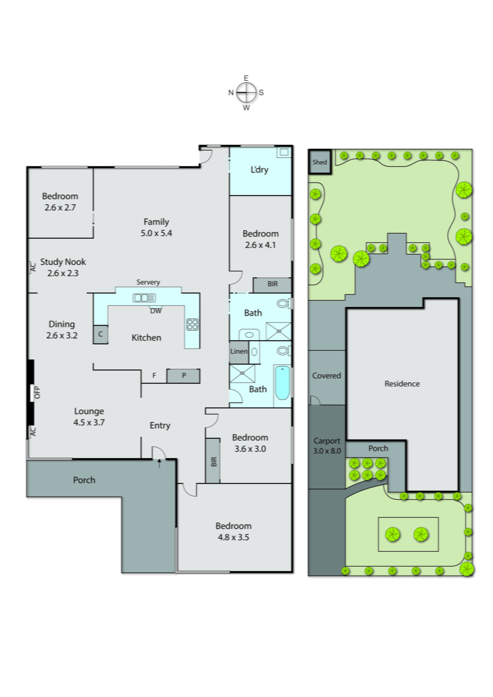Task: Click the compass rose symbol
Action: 246,92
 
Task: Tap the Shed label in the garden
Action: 319,162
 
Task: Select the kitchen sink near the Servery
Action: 144,298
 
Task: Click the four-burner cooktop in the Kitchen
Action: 192,325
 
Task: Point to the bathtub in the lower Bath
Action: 282,383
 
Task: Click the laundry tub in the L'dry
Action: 284,152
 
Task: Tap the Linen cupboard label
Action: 238,351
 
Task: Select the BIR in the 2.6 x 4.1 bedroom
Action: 272,284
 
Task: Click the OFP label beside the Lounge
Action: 37,392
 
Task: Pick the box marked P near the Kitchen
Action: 184,376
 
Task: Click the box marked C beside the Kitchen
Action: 101,334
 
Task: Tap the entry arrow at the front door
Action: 159,463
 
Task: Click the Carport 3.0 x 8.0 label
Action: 327,446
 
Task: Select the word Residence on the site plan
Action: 402,384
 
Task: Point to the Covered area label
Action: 326,376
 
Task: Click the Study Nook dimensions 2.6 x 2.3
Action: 63,273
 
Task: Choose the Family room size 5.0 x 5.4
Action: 156,233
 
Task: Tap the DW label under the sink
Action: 156,311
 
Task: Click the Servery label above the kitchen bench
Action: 148,282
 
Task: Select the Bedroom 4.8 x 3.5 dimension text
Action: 233,537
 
